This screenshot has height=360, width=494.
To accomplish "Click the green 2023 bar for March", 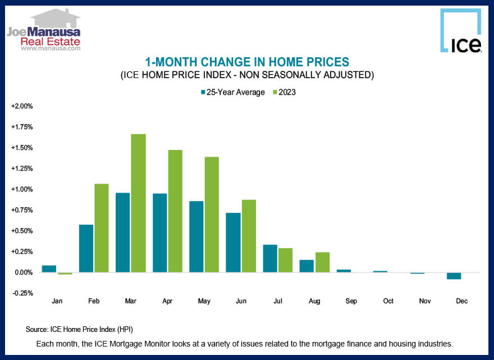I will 138,203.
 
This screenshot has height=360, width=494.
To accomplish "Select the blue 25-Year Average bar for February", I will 86,248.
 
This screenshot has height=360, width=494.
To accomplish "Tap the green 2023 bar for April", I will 175,211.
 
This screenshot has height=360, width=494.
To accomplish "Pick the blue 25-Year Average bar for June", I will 233,243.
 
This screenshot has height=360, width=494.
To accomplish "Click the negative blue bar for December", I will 454,276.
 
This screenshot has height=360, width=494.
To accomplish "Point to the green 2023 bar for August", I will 322,262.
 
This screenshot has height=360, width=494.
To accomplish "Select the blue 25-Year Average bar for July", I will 270,258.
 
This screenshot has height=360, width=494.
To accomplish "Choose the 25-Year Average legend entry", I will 232,92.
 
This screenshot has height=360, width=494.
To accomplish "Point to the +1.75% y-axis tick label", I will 22,127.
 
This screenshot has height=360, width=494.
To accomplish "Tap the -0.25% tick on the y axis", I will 22,293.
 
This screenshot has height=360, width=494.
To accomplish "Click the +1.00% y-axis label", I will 22,189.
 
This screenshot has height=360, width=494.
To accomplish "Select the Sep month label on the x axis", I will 351,302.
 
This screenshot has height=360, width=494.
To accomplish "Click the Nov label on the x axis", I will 425,302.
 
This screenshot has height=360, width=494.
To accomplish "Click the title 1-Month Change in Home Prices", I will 247,62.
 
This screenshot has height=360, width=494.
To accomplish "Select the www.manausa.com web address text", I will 51,48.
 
